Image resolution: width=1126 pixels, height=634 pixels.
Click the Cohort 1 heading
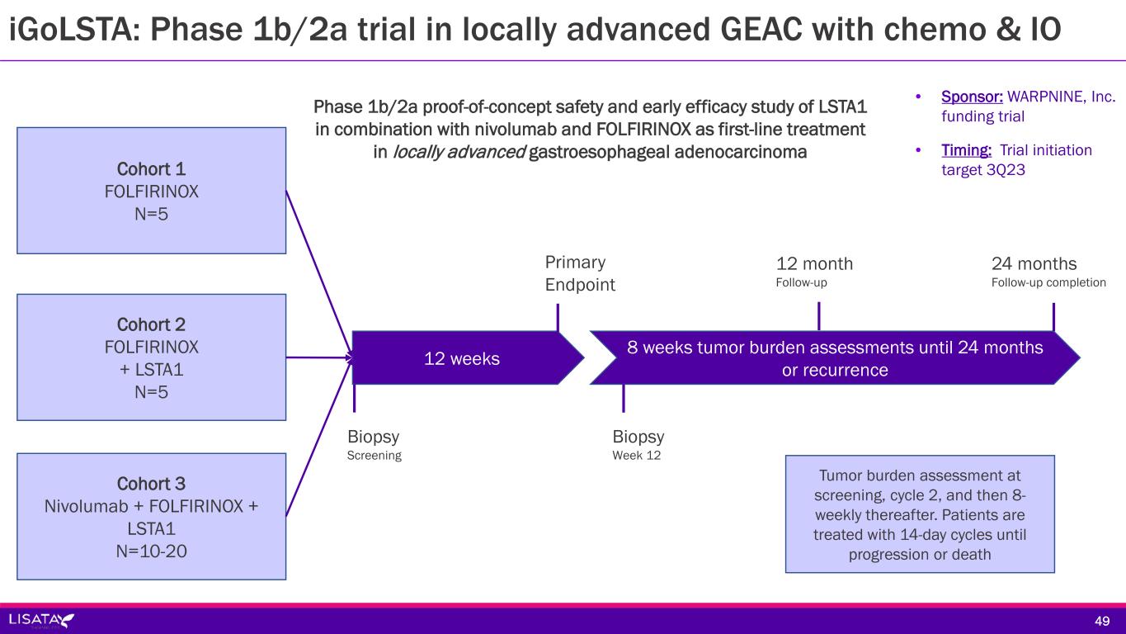(x=151, y=169)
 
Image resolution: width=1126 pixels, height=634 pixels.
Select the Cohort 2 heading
(x=151, y=324)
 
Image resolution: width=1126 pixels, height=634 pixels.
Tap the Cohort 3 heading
(x=151, y=484)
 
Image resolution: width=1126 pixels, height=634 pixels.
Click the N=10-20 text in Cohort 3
(x=151, y=551)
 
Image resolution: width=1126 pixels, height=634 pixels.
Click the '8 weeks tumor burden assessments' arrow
(x=835, y=357)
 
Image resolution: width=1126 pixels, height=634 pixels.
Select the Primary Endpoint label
(x=580, y=273)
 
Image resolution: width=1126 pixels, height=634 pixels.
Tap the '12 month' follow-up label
(x=814, y=272)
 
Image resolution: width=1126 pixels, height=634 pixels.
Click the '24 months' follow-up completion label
(x=1048, y=272)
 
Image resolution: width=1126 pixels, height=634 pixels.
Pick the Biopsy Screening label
(x=374, y=444)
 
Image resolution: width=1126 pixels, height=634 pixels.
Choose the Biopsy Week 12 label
(x=638, y=444)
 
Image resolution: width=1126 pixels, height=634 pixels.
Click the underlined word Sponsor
(x=972, y=97)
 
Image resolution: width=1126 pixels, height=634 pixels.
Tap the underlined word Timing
(x=966, y=150)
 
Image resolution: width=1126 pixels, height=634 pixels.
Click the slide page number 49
(x=1102, y=621)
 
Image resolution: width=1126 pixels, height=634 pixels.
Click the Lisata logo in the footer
(x=41, y=620)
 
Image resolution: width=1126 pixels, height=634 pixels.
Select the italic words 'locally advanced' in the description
(x=459, y=152)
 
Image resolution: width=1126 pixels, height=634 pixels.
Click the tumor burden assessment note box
(x=920, y=514)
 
